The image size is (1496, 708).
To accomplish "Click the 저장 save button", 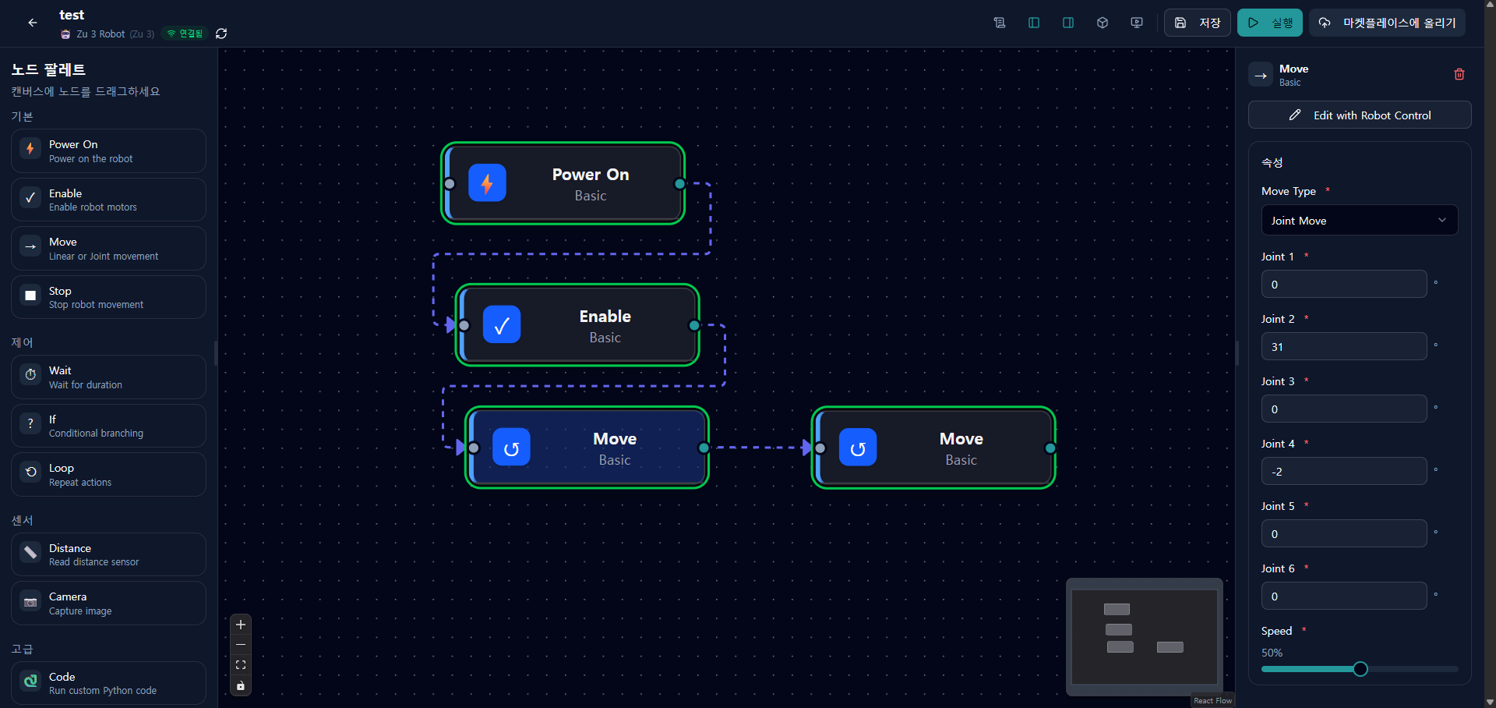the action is [1197, 23].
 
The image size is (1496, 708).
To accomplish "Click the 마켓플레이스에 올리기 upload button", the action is [1387, 23].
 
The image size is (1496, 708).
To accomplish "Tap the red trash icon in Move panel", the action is [1459, 74].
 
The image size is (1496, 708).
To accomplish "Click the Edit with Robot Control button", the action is [1360, 115].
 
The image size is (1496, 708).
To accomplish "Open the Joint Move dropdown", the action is [1360, 221].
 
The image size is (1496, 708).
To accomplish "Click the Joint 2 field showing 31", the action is [1344, 346].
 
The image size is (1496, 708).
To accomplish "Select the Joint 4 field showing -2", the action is [1344, 471].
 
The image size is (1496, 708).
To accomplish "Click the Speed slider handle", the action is [1360, 669].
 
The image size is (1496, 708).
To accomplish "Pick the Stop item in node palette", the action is [108, 297].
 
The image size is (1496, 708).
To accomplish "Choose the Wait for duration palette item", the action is [108, 377].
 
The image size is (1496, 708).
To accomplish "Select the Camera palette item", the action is [108, 603].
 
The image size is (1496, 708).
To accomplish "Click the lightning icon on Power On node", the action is [487, 183].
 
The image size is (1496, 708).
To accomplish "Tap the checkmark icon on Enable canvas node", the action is [502, 325].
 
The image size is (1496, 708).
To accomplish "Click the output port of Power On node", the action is [680, 184].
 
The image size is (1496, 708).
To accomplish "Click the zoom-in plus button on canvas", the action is [241, 625].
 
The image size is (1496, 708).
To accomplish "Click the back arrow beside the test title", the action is [33, 23].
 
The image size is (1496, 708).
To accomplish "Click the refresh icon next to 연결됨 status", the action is [221, 34].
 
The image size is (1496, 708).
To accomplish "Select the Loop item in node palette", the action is [108, 474].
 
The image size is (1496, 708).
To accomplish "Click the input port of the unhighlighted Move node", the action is [820, 448].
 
